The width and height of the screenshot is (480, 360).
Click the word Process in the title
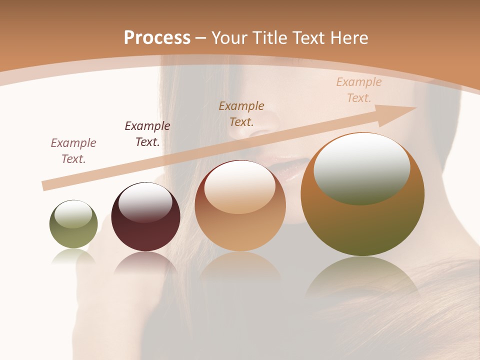click(157, 38)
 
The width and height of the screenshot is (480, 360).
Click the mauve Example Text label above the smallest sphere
click(73, 151)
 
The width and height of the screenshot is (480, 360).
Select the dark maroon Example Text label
click(147, 134)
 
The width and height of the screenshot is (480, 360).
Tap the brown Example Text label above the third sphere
click(241, 114)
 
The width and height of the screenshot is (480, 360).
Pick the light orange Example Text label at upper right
click(359, 90)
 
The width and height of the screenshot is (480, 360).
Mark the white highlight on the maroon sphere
click(145, 200)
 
